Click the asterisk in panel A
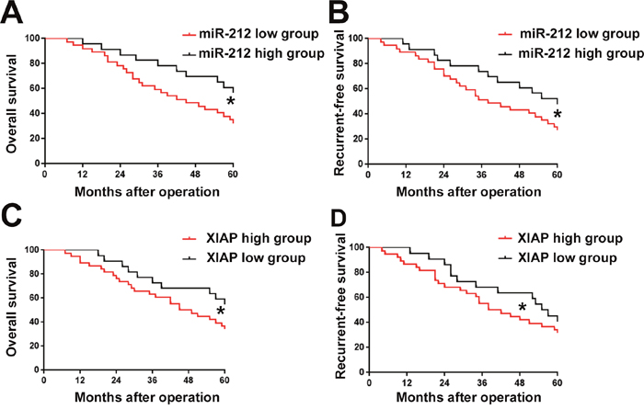point(231,101)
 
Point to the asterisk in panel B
point(558,116)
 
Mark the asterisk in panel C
point(221,312)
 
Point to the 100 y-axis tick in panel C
point(29,250)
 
